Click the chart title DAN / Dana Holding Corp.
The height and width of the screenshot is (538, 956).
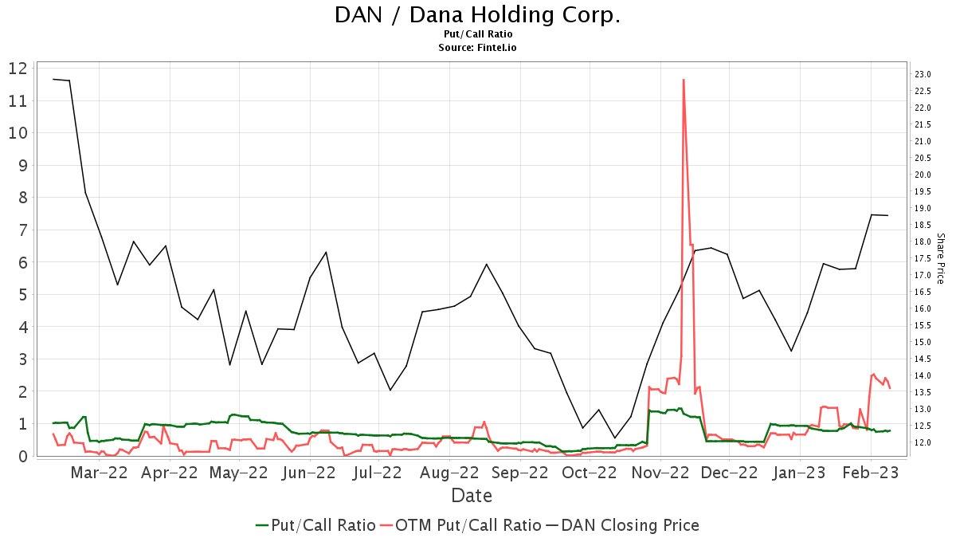coord(477,15)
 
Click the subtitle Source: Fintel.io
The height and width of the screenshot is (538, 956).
coord(477,47)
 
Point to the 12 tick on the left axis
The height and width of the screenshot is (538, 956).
coord(18,69)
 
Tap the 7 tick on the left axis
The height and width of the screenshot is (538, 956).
coord(23,230)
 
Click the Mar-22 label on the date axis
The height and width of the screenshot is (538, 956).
coord(99,473)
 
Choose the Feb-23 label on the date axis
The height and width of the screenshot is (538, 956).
coord(871,473)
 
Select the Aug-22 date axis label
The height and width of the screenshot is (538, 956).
coord(450,473)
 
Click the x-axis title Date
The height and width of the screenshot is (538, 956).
coord(472,496)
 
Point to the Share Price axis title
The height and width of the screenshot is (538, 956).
coord(941,258)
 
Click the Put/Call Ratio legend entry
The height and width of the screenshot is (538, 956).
coord(315,525)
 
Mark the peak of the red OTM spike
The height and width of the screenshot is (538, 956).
coord(684,80)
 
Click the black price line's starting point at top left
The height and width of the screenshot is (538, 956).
coord(53,79)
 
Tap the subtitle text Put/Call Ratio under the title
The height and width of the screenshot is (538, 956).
coord(477,34)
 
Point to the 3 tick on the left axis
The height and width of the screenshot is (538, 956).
coord(23,359)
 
